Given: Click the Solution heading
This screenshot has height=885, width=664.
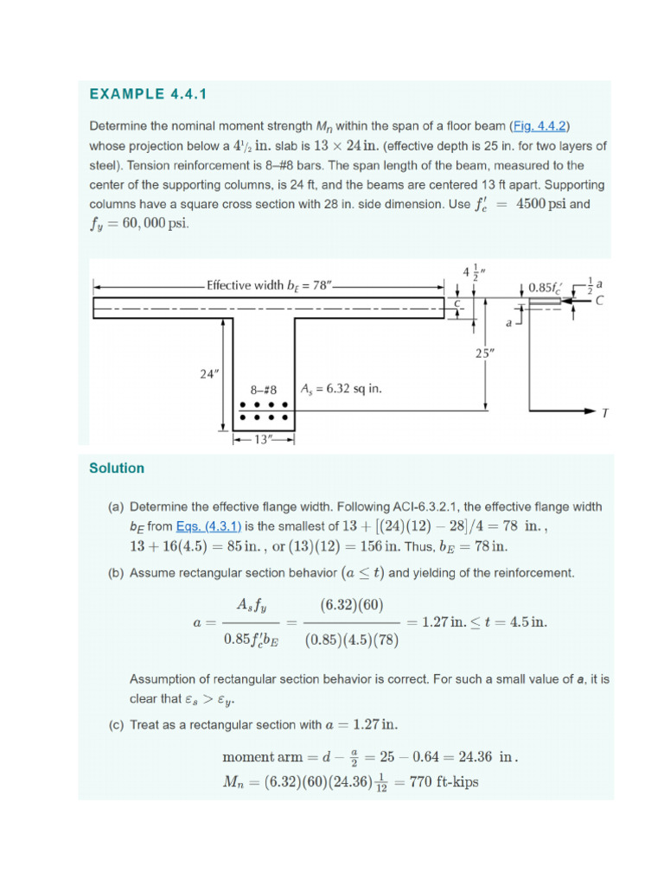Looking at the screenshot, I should [x=117, y=468].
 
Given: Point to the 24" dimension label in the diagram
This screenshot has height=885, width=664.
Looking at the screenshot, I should [x=210, y=374].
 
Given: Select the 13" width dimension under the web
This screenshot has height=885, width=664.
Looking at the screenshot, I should [x=264, y=439].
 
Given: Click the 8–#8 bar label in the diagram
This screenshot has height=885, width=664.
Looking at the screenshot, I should [x=264, y=389].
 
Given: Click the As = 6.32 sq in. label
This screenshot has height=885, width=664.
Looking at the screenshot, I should [x=341, y=389].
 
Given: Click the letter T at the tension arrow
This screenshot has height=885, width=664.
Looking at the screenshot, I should [x=604, y=413].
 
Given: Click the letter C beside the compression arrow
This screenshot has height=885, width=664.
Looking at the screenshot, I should [x=599, y=300].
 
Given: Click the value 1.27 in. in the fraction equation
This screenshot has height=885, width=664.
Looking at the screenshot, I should [x=439, y=621].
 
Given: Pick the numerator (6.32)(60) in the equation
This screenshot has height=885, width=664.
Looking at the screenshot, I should [x=352, y=603].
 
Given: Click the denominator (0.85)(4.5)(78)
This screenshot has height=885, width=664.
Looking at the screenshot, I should [x=352, y=640].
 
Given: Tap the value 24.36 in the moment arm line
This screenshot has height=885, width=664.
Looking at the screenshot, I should [x=469, y=757].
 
